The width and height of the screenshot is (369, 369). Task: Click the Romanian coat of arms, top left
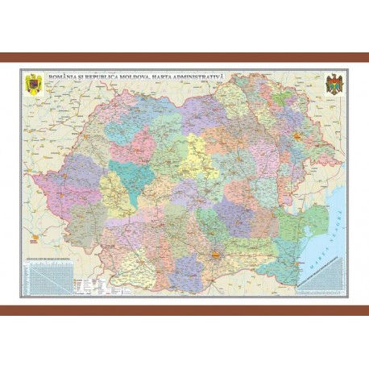[32, 84]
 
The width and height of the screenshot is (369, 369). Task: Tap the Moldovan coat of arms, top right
[333, 84]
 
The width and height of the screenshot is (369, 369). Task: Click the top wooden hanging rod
[184, 58]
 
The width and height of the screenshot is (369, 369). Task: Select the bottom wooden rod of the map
[184, 310]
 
